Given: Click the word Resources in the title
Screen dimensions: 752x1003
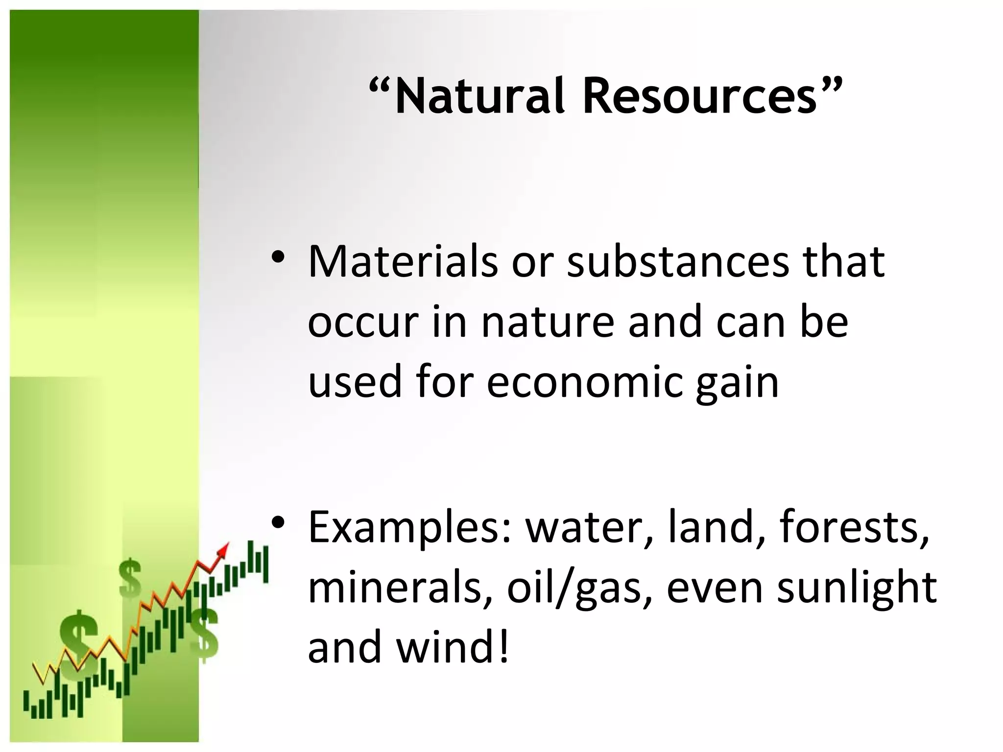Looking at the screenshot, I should [699, 96].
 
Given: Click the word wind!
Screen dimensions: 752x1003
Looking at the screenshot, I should [453, 647].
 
